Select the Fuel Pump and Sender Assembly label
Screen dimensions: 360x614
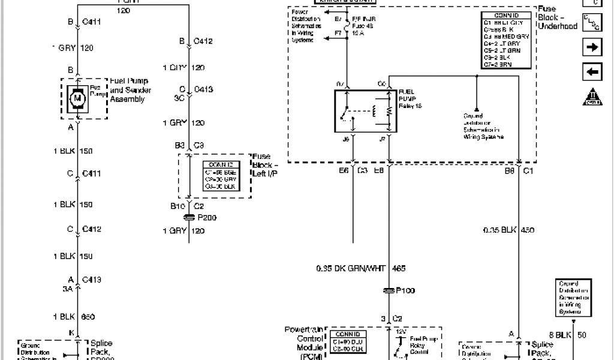click(129, 90)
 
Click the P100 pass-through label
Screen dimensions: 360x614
click(405, 290)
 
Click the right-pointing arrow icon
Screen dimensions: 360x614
click(592, 47)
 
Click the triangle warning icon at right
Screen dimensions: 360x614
click(592, 96)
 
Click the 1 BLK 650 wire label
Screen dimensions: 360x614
click(74, 317)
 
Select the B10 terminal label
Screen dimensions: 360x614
click(177, 205)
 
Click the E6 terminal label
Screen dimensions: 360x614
click(342, 170)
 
